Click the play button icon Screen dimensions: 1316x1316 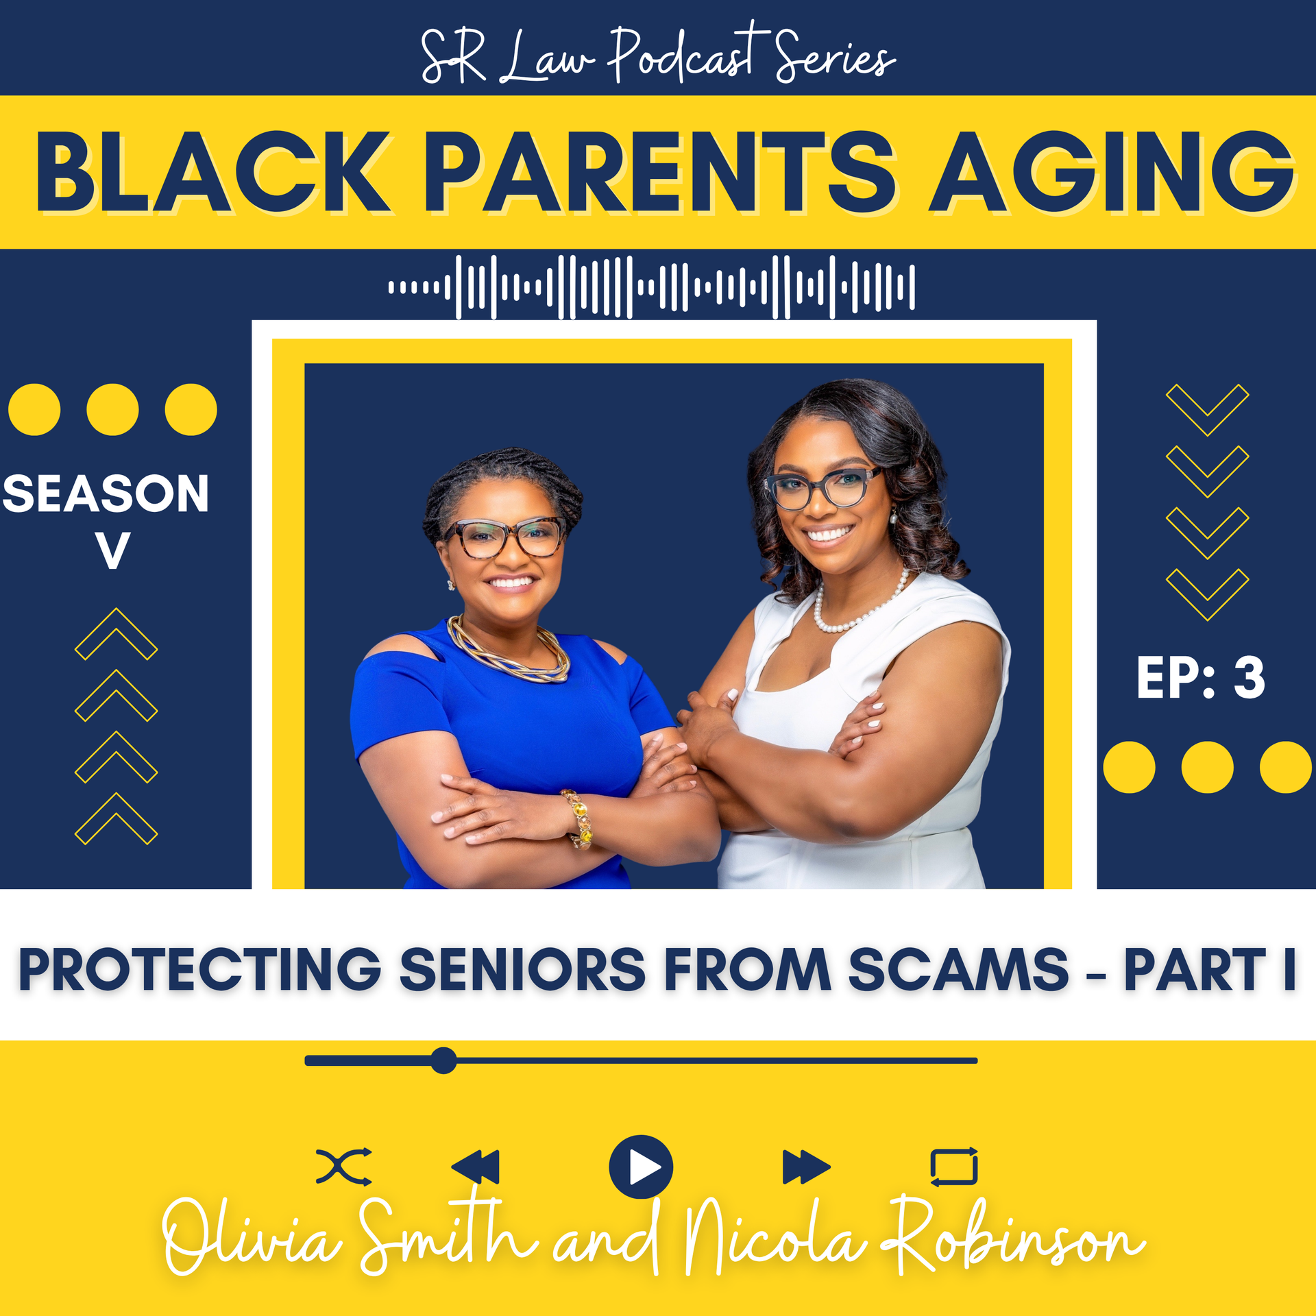640,1167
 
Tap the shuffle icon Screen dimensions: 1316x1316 343,1167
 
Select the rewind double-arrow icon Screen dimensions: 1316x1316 475,1167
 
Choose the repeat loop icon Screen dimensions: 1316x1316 953,1167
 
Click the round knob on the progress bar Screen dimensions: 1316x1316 443,1060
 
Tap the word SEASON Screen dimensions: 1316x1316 106,493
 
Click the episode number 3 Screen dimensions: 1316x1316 1249,678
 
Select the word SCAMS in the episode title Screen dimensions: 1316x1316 958,969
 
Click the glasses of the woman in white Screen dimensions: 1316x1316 822,487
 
